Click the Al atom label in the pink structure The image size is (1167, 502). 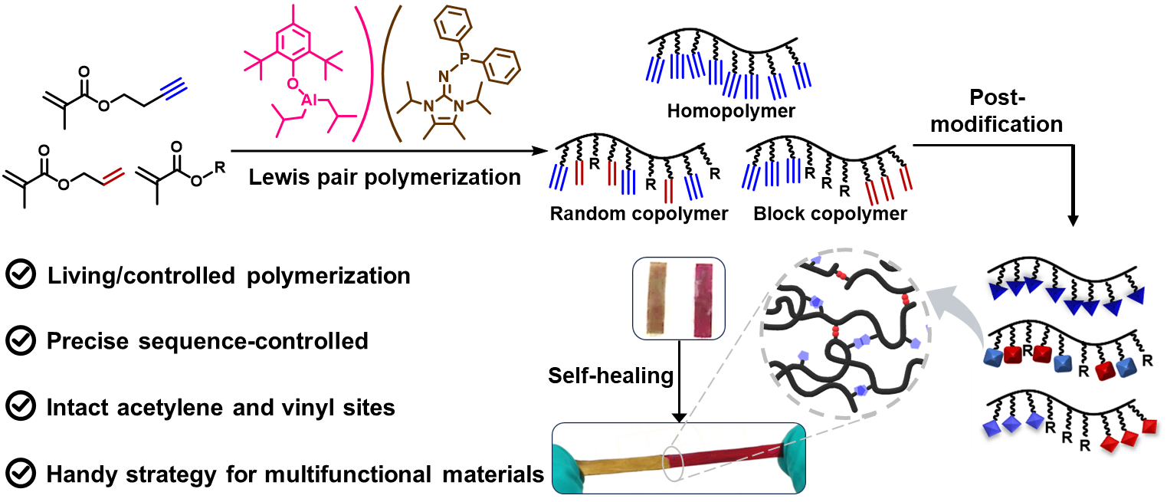click(x=309, y=100)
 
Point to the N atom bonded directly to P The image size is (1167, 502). click(x=443, y=76)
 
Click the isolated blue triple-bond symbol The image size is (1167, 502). click(x=174, y=90)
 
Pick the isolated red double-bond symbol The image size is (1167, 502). click(x=114, y=176)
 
